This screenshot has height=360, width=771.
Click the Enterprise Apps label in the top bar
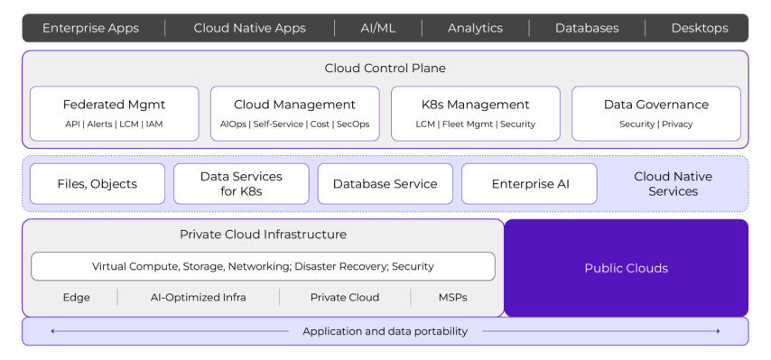90,28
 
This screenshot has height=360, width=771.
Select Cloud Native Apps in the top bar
249,28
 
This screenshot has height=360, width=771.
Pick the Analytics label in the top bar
475,28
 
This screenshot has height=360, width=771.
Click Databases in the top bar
587,28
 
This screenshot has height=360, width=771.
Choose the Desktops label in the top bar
699,28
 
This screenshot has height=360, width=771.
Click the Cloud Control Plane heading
385,69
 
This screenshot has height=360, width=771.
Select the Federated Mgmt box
114,114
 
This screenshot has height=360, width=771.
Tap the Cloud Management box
294,114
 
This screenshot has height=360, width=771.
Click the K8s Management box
475,114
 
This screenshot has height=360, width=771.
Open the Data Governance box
655,114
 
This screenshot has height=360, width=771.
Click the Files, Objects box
98,184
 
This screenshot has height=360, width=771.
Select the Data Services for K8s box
241,184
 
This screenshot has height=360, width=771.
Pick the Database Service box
385,184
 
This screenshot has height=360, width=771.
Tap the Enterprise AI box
529,184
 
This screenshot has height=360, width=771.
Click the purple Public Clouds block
626,268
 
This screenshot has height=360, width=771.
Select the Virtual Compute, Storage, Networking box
263,266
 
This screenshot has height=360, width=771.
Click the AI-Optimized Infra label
198,298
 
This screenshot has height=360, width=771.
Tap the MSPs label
453,298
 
